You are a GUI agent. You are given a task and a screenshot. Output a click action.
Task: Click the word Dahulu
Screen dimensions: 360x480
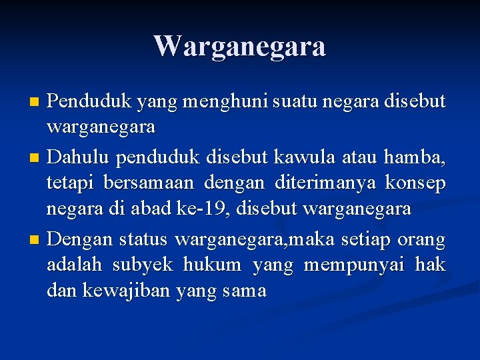[80, 158]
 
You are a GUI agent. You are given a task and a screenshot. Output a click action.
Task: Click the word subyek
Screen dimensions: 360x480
[143, 266]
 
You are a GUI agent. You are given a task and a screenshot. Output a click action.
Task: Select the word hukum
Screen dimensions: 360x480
[212, 265]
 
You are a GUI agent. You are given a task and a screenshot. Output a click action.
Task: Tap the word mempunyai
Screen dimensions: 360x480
[354, 266]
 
